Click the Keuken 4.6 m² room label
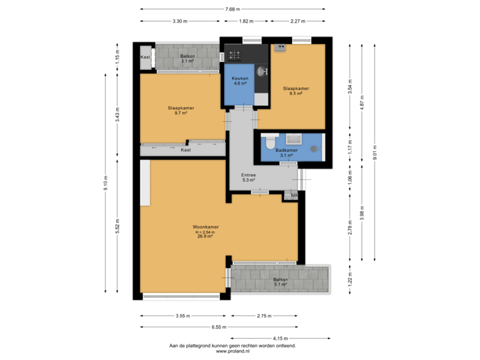click(x=240, y=81)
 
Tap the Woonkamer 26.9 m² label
click(x=206, y=231)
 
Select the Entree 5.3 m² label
click(x=249, y=177)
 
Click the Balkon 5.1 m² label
click(x=280, y=281)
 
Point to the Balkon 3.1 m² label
click(x=187, y=58)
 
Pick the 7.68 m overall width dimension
click(x=232, y=9)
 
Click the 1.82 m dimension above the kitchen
click(x=245, y=21)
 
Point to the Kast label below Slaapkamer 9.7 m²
click(x=185, y=150)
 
